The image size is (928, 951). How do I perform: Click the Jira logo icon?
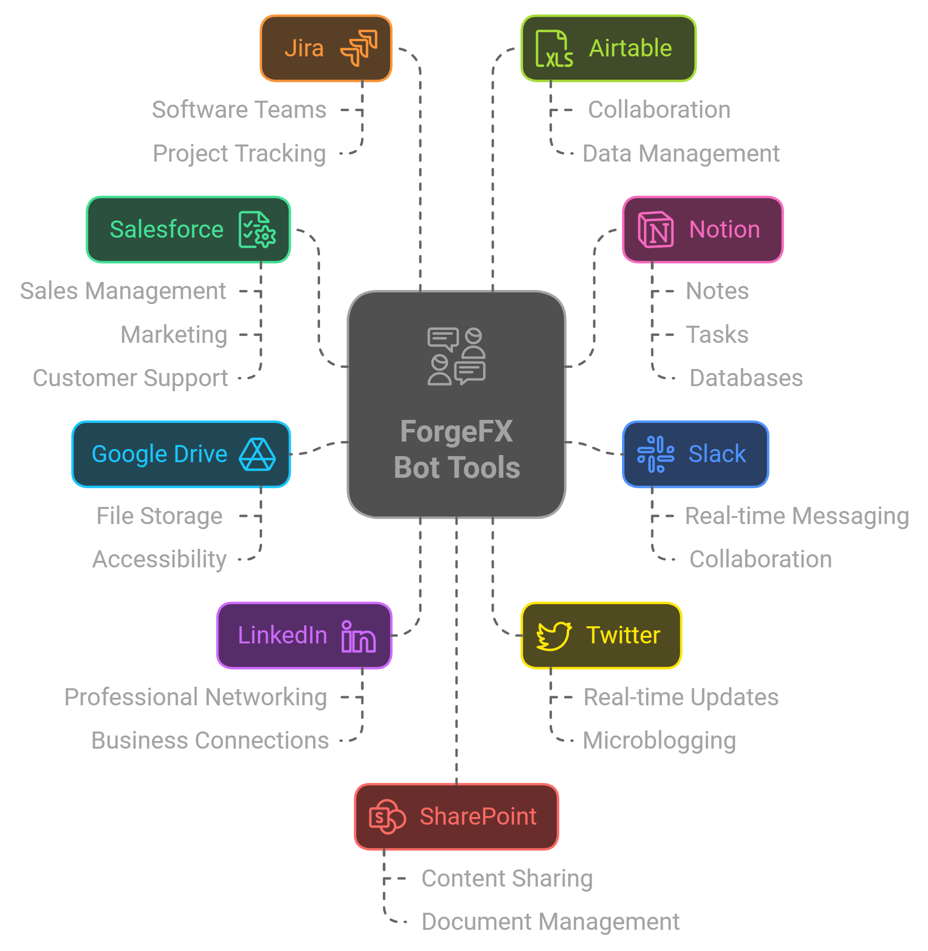(359, 48)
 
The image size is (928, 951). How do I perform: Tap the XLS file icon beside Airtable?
(554, 49)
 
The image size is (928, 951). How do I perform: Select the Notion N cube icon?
(656, 230)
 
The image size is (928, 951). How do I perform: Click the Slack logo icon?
(655, 454)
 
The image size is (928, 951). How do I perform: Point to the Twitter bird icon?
(554, 636)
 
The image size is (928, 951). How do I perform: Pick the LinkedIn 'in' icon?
(358, 636)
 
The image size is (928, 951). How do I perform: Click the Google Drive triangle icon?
(257, 454)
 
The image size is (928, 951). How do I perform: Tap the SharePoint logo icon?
(387, 817)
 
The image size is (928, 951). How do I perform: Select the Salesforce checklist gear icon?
(257, 230)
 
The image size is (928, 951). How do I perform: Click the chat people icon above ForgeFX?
(456, 356)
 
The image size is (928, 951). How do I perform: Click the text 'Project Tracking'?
(239, 154)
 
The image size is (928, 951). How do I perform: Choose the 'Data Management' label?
(680, 154)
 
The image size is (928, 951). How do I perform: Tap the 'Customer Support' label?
(130, 378)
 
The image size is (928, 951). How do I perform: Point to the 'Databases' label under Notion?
(746, 378)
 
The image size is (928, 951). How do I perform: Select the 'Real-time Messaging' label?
(797, 516)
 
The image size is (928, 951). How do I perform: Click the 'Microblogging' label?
(659, 741)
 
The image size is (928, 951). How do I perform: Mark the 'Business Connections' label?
(210, 741)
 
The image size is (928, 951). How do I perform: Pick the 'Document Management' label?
(551, 922)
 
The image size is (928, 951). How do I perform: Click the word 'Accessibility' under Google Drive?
(160, 559)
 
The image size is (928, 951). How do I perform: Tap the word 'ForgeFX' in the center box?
(456, 431)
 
